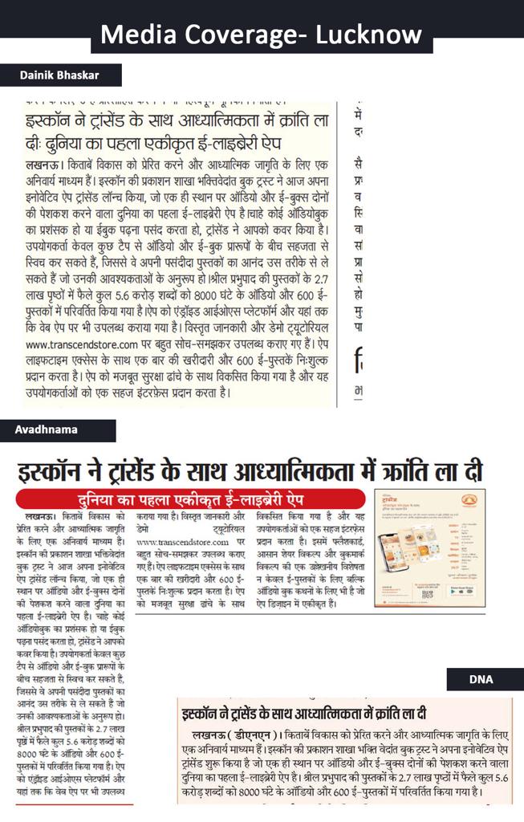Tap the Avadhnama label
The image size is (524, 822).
[46, 429]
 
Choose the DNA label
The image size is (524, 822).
[481, 680]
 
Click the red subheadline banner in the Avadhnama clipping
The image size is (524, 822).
[193, 497]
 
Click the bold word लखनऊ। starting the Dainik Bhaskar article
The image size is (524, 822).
[43, 165]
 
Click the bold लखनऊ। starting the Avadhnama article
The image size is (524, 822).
[44, 515]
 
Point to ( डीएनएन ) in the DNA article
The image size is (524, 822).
[250, 734]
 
